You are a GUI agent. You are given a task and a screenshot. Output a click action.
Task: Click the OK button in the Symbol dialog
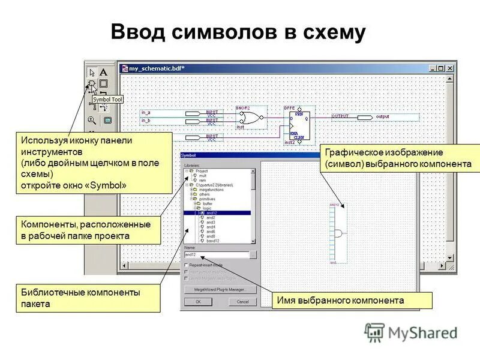click(199, 302)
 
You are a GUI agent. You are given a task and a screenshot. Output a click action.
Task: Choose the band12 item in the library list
click(211, 241)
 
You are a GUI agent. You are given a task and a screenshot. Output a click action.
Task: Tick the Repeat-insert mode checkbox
click(187, 265)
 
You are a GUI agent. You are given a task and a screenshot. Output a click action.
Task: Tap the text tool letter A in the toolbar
click(103, 72)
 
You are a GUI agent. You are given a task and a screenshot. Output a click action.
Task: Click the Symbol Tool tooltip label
click(107, 99)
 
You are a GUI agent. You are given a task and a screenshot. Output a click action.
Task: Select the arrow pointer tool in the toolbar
click(92, 72)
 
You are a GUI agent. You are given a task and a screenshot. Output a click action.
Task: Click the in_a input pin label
click(146, 112)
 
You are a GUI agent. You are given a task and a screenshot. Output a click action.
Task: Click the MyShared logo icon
click(375, 332)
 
